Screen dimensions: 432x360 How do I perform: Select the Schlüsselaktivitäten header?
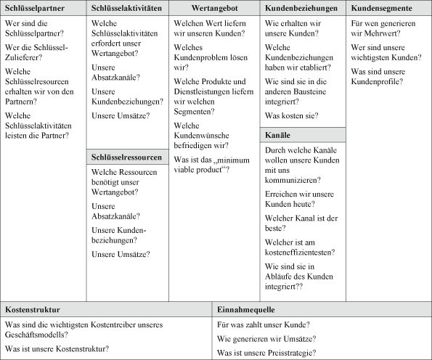125,9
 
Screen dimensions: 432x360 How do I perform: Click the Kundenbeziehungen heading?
301,9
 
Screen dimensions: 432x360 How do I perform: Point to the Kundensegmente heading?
383,9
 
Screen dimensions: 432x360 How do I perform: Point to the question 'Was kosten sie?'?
292,115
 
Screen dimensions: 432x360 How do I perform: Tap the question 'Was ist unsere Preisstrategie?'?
266,352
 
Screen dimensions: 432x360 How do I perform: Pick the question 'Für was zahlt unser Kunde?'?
263,324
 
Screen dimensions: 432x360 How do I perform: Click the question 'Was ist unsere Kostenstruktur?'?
57,349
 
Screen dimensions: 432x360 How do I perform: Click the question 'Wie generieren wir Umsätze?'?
264,338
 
